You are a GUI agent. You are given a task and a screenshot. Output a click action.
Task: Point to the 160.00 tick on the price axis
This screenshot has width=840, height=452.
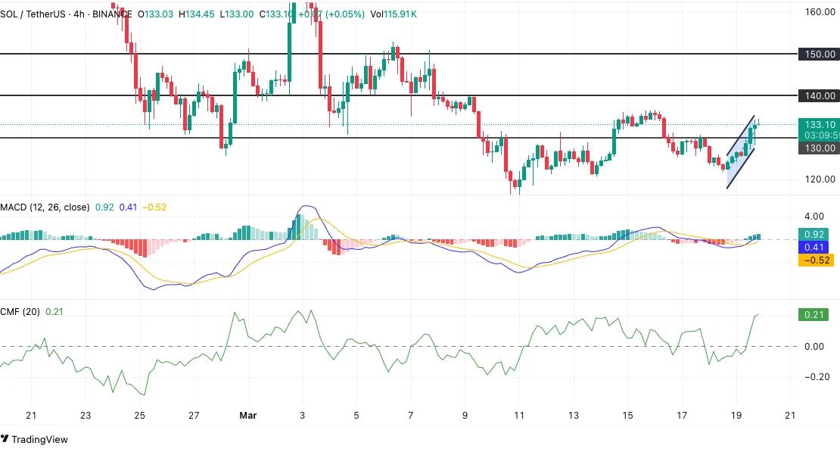[x=820, y=12]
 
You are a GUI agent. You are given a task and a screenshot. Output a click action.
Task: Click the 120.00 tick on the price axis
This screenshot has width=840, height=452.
[x=820, y=179]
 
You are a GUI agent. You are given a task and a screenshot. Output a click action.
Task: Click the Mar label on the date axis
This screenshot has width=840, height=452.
[x=248, y=416]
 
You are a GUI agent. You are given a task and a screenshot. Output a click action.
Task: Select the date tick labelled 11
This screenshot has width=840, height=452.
[x=519, y=416]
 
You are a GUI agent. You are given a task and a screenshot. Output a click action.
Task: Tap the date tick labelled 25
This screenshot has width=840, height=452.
[x=140, y=416]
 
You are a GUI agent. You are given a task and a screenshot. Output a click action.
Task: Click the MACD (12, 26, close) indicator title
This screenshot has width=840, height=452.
[x=45, y=207]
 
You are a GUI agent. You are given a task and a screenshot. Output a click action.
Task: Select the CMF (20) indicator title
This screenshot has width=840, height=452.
[x=20, y=311]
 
